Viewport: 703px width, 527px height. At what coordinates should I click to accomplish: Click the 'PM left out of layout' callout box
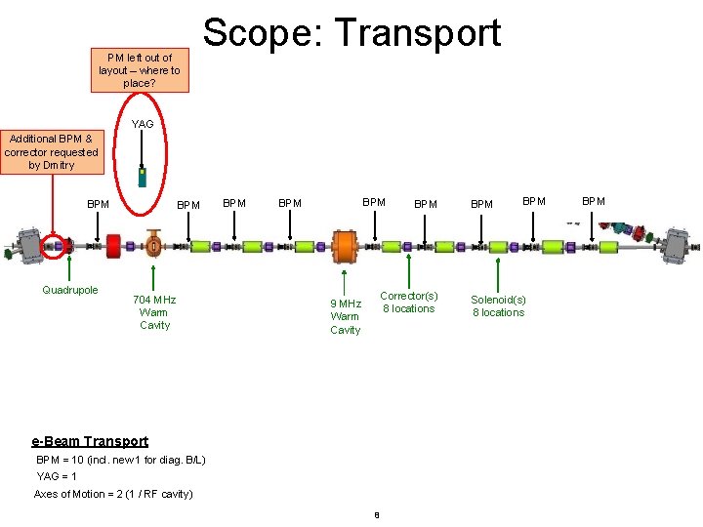140,70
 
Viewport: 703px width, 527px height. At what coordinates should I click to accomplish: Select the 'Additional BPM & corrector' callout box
51,152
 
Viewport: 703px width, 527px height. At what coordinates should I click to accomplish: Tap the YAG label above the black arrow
143,124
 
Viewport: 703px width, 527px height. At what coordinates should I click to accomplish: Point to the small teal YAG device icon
143,177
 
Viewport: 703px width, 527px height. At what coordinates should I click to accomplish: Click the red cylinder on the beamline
113,245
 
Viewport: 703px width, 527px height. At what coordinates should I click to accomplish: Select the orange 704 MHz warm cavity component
153,243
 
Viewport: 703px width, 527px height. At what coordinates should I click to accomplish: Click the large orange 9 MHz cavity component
345,245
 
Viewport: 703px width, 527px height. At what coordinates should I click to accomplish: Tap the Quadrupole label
70,290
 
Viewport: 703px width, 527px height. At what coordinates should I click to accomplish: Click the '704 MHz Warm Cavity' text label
154,312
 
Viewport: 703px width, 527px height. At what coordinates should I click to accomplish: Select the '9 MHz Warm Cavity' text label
345,316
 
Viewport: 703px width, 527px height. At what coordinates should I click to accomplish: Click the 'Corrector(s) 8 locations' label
408,302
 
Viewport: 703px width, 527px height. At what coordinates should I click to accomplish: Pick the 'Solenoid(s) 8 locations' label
498,305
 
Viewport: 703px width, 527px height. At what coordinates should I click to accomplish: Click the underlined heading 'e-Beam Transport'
91,441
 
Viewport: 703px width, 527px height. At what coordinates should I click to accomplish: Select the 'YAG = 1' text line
57,476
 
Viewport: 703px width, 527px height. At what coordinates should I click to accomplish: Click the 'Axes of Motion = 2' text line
113,494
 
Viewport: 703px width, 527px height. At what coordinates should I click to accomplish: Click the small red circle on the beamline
56,245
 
